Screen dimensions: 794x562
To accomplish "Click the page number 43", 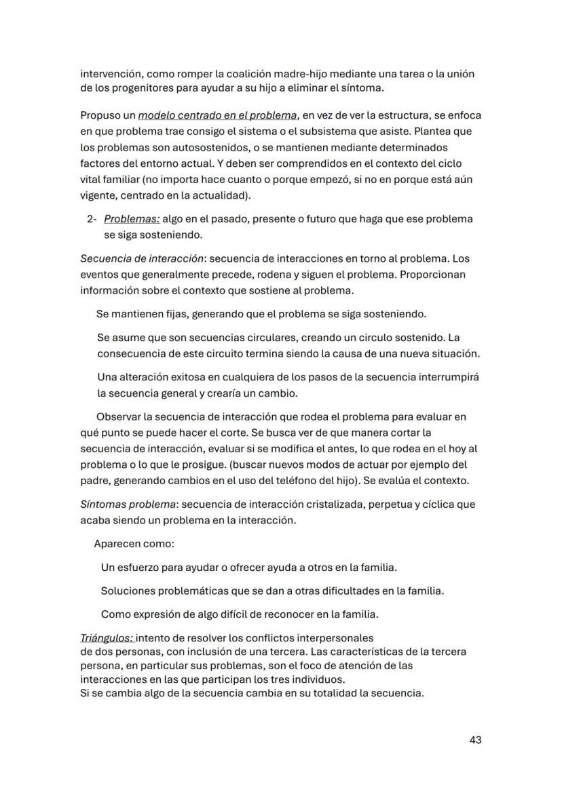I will [x=475, y=740].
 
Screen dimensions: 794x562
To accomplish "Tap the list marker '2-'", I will [x=93, y=219].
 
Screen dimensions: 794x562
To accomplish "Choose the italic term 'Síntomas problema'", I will [x=128, y=504].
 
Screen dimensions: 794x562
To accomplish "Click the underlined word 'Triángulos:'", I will [x=107, y=638].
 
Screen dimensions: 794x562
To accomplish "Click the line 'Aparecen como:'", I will [x=134, y=544].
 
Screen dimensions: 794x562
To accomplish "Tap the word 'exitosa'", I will [x=170, y=377].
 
